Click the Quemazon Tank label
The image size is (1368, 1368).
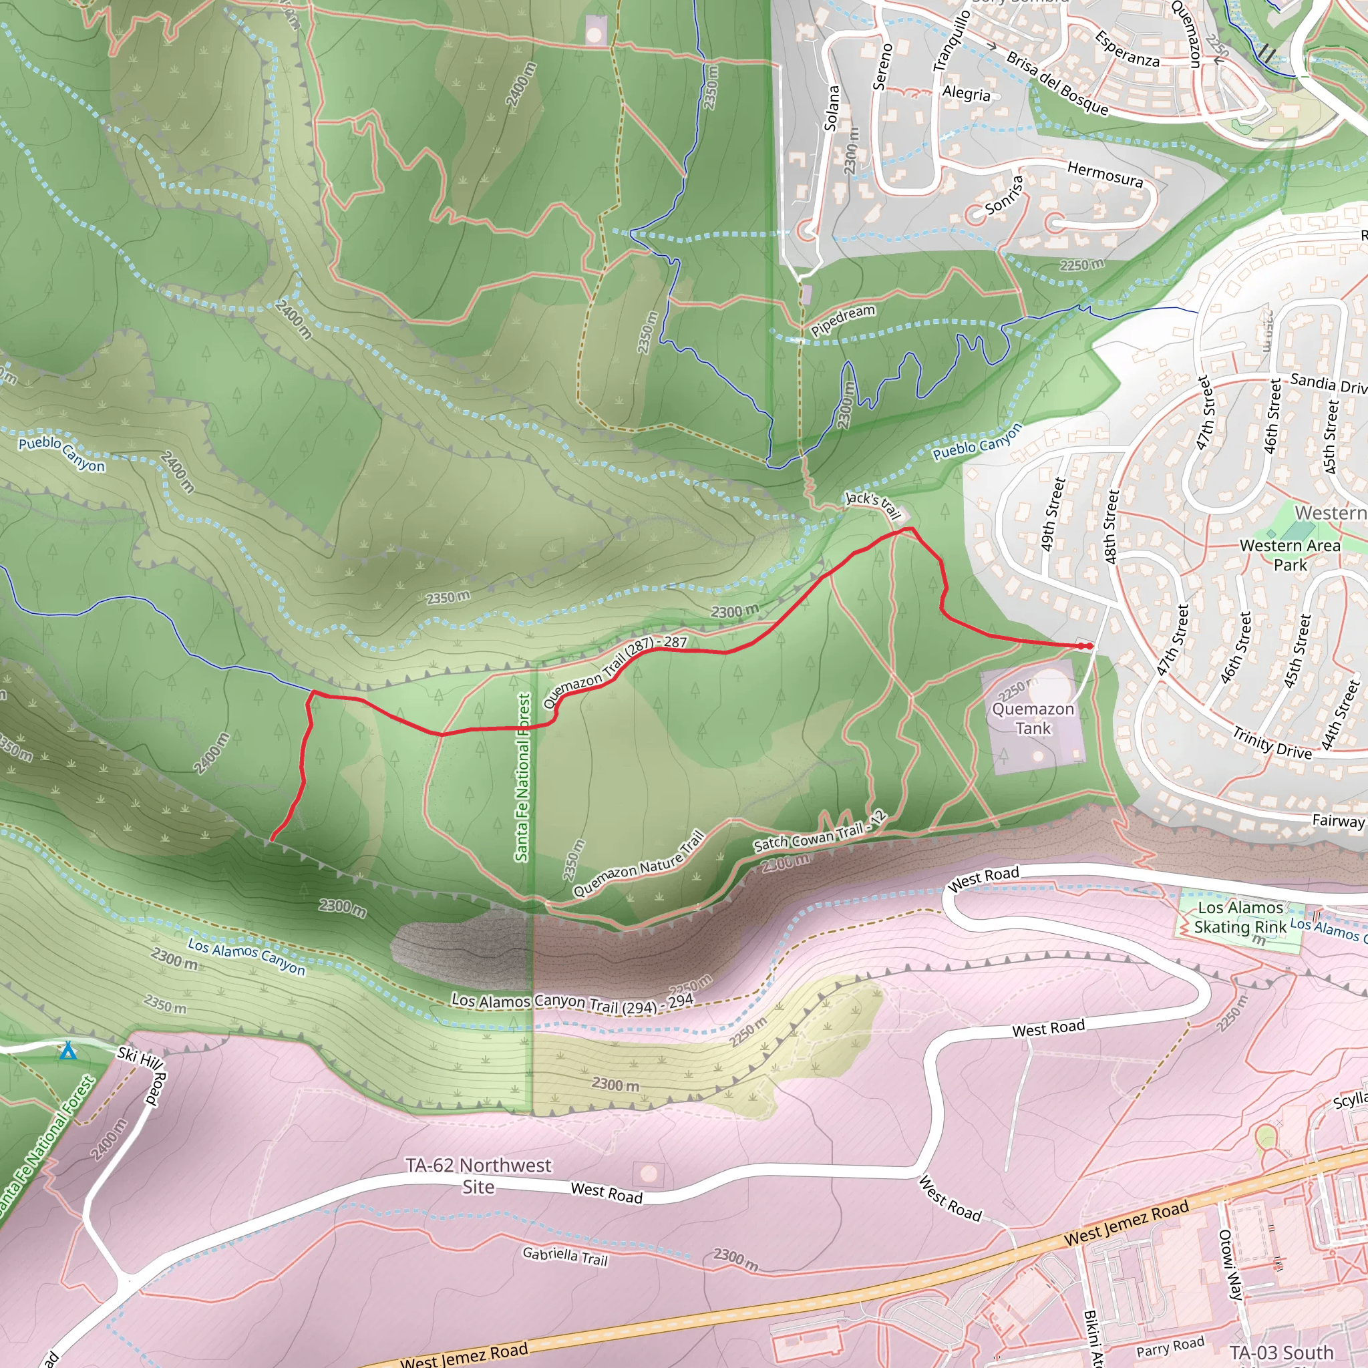(1033, 718)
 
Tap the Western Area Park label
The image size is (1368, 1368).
(1290, 555)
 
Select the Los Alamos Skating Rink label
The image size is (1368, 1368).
(1240, 917)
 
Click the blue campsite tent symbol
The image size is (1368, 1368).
(68, 1050)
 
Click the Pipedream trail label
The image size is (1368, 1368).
(842, 320)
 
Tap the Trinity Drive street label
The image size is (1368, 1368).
(1272, 743)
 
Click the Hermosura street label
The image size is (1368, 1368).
(1105, 174)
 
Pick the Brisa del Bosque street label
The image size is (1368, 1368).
(1057, 83)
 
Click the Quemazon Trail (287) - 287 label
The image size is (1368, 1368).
(615, 670)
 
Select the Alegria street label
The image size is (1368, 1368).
(966, 94)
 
